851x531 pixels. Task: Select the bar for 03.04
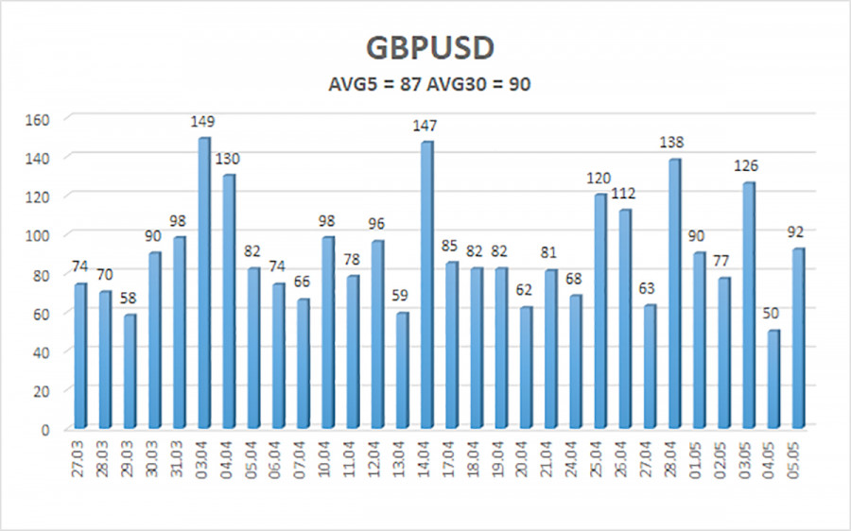(x=202, y=283)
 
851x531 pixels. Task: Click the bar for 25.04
(x=599, y=311)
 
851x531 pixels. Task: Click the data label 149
(x=202, y=122)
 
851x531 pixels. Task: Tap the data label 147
(x=425, y=125)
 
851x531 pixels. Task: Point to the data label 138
(x=672, y=143)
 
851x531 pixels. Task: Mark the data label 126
(x=747, y=166)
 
